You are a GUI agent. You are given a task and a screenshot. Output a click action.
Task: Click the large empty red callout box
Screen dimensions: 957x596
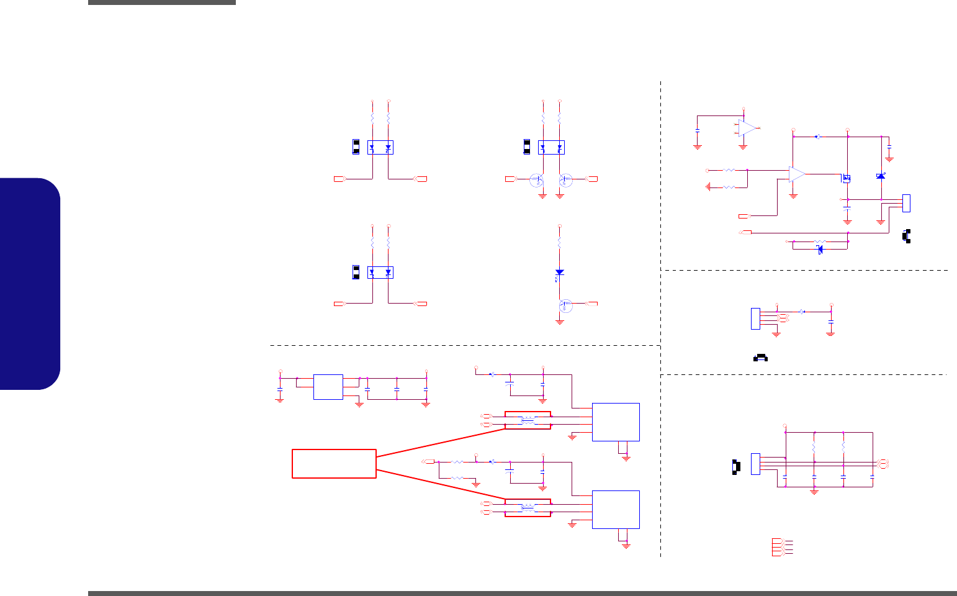(334, 464)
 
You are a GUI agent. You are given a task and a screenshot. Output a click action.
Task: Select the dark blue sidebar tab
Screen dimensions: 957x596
(30, 284)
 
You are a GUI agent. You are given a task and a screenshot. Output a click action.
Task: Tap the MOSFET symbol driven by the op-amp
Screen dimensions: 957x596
(845, 179)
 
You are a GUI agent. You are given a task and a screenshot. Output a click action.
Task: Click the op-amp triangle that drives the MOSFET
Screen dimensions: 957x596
(797, 174)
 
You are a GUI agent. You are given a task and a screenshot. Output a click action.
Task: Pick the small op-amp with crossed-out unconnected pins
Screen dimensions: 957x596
(747, 128)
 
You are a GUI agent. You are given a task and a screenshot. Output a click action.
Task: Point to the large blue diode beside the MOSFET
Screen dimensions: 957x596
(881, 177)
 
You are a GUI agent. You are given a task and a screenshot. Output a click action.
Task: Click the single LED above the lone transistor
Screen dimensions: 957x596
(559, 273)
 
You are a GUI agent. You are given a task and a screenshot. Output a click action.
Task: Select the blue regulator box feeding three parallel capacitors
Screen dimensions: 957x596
(328, 387)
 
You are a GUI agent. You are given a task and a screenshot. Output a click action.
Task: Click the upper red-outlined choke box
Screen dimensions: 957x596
(528, 420)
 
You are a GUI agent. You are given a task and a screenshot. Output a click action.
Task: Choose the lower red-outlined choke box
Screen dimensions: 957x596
(528, 508)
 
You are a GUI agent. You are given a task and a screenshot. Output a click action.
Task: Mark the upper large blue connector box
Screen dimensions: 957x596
(616, 422)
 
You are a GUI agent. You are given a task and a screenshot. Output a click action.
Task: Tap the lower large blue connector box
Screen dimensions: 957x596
(616, 510)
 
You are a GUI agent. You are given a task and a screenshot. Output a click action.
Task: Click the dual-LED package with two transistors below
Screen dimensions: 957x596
(551, 148)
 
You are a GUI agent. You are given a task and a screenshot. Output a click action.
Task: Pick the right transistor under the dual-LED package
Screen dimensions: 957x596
(565, 180)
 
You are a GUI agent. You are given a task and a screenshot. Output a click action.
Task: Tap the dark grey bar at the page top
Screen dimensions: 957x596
(162, 2)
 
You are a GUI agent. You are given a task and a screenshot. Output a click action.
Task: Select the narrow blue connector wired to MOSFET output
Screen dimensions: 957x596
(906, 202)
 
